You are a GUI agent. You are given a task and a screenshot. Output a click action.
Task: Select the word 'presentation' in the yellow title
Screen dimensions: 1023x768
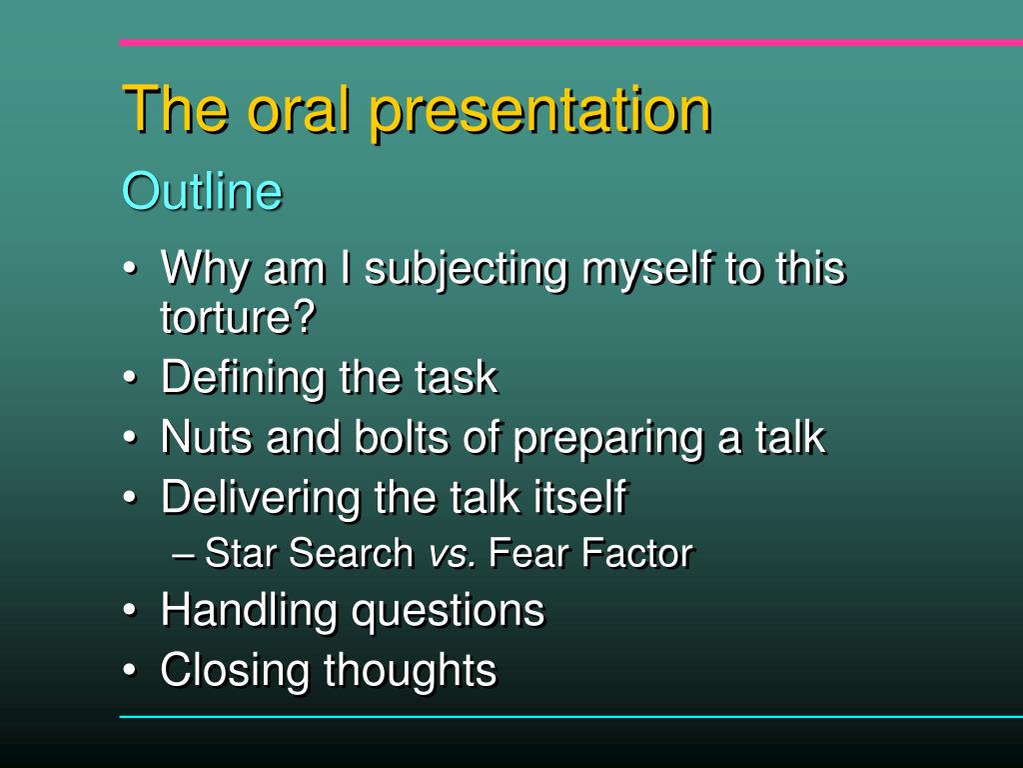tap(540, 112)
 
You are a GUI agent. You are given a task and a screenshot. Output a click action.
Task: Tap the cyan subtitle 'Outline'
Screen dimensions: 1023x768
tap(202, 191)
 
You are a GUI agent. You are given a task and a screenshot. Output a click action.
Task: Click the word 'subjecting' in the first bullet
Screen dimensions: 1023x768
tap(466, 270)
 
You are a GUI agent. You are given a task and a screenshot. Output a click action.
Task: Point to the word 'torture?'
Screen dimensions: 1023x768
tap(238, 317)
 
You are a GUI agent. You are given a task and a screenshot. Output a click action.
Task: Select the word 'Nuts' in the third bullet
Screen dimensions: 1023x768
tap(207, 437)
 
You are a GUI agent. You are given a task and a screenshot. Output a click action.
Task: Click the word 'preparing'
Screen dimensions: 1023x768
tap(609, 440)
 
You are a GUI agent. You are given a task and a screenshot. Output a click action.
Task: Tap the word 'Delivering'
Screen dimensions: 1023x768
tap(261, 499)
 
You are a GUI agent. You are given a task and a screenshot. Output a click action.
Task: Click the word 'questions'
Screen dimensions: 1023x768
tap(448, 613)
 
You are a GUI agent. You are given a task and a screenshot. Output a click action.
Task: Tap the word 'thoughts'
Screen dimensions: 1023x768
tap(411, 671)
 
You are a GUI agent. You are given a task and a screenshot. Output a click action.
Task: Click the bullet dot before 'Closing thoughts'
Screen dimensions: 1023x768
tap(131, 671)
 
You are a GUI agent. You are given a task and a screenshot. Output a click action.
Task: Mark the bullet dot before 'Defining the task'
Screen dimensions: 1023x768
tap(131, 378)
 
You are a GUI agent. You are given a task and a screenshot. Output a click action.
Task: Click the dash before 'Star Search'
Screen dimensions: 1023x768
tap(184, 556)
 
